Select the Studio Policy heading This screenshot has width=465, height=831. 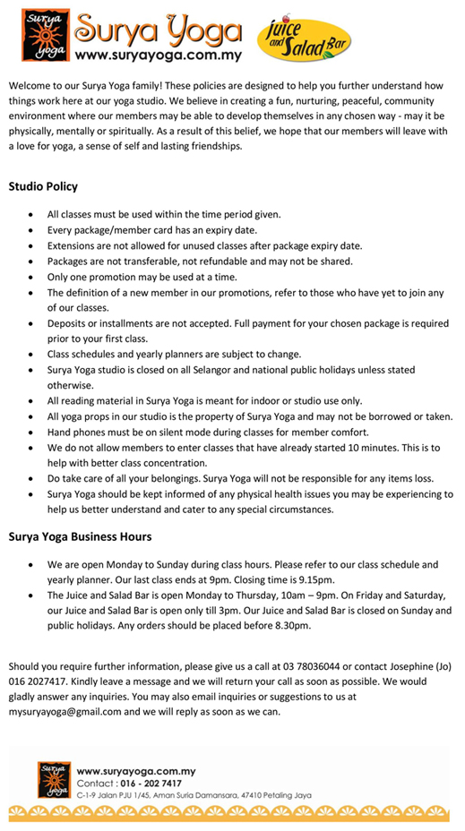[x=43, y=187]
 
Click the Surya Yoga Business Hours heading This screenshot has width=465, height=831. [x=80, y=537]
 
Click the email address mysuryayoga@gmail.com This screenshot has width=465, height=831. [x=59, y=712]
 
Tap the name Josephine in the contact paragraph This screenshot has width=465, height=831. [x=406, y=666]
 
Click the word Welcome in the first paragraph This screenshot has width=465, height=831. [x=30, y=84]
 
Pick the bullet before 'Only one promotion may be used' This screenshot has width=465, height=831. [x=32, y=278]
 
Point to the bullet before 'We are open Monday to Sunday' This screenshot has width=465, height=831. [x=32, y=565]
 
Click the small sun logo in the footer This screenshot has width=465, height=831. [x=53, y=778]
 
